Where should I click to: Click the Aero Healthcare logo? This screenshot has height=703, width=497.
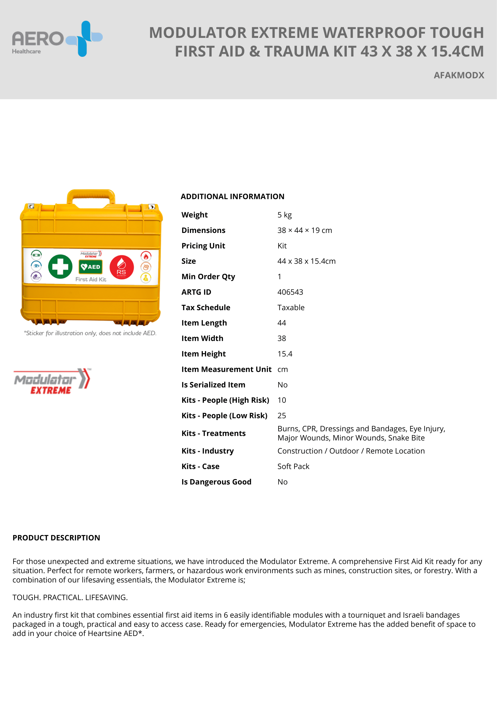tap(57, 39)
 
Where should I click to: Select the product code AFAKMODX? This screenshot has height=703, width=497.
tap(459, 75)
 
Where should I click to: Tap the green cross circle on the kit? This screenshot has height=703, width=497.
tap(60, 266)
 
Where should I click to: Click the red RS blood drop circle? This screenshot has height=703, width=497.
tap(121, 267)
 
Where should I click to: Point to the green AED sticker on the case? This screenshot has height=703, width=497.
tap(90, 267)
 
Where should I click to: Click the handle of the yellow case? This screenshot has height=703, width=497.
tap(91, 196)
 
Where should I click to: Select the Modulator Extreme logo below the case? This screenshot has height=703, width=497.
tap(52, 381)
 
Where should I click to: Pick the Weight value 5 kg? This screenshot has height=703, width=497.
tap(284, 215)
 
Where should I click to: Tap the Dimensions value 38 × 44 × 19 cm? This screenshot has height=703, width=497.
tap(304, 230)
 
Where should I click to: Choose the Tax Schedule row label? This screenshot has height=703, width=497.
tap(206, 307)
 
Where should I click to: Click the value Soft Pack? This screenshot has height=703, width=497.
tap(293, 466)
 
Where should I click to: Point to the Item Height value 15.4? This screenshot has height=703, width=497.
tap(285, 354)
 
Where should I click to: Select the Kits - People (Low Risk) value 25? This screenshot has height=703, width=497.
tap(282, 415)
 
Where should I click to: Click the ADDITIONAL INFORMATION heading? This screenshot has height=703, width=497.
tap(232, 197)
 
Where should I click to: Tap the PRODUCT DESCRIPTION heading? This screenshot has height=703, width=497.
tap(56, 538)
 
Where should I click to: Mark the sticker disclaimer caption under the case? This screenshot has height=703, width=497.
tap(90, 333)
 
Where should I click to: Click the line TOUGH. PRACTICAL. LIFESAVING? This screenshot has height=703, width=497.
tap(70, 598)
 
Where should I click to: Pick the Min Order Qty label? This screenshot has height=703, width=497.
tap(208, 277)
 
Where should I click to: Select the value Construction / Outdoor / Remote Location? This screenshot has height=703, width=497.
tap(351, 451)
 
